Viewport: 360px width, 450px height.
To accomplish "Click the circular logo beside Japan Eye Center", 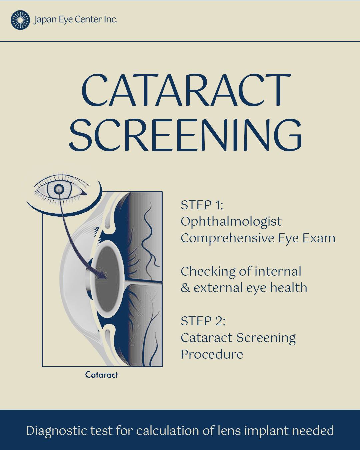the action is (20, 20).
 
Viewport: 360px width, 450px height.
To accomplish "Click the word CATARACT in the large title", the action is (186, 90).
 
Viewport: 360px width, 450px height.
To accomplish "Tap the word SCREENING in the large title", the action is (185, 135).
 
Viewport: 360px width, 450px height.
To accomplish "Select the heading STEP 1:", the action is (202, 205).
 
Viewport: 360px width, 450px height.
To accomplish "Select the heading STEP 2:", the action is (203, 321).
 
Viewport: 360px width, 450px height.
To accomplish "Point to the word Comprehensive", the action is (228, 239).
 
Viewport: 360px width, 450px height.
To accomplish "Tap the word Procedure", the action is (212, 354).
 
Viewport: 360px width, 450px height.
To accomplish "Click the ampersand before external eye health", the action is (185, 288).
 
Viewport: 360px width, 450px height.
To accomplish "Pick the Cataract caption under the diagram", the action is (101, 375).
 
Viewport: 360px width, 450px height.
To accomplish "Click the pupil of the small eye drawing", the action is (59, 189).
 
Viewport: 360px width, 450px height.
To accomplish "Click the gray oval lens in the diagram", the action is (107, 279).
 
